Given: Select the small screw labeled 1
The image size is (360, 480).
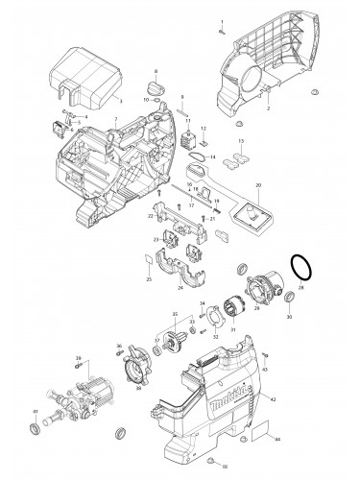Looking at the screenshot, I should point(221,30).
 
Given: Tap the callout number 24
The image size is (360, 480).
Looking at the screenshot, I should point(181,287).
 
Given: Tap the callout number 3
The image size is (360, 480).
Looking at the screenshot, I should point(120,100).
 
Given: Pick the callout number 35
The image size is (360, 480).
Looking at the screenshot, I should point(173,313).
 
